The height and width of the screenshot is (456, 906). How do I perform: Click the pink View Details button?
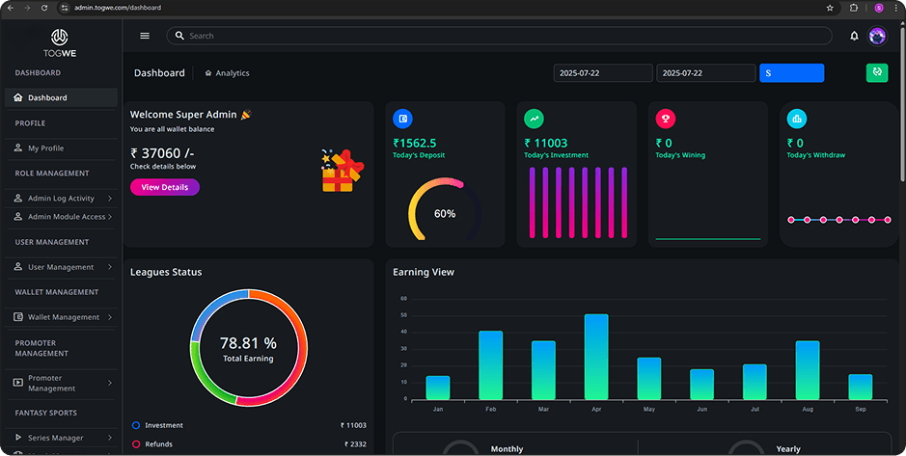click(164, 187)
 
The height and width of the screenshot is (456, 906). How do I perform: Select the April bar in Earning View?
click(596, 357)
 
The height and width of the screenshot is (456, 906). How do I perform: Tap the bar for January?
click(438, 388)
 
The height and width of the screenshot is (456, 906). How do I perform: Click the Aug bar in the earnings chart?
click(807, 370)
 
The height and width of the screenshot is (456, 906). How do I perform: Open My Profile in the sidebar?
click(45, 148)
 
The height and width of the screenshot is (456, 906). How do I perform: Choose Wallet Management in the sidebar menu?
click(63, 317)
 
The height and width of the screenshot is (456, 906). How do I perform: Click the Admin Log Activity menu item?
click(61, 199)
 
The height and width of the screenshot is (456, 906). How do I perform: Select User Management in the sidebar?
click(61, 267)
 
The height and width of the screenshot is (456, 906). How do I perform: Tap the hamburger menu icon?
click(145, 36)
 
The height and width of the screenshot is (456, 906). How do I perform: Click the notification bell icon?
click(854, 36)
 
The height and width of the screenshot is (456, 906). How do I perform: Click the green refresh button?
click(876, 72)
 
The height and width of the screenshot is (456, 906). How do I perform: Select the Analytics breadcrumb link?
click(232, 73)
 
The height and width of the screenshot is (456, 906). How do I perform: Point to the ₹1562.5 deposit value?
click(414, 143)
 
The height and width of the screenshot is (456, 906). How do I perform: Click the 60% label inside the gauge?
click(445, 213)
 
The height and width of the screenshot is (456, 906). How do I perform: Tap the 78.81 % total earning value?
click(248, 343)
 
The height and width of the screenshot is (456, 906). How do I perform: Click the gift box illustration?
click(343, 171)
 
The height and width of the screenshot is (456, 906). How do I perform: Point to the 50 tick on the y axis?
click(403, 315)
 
